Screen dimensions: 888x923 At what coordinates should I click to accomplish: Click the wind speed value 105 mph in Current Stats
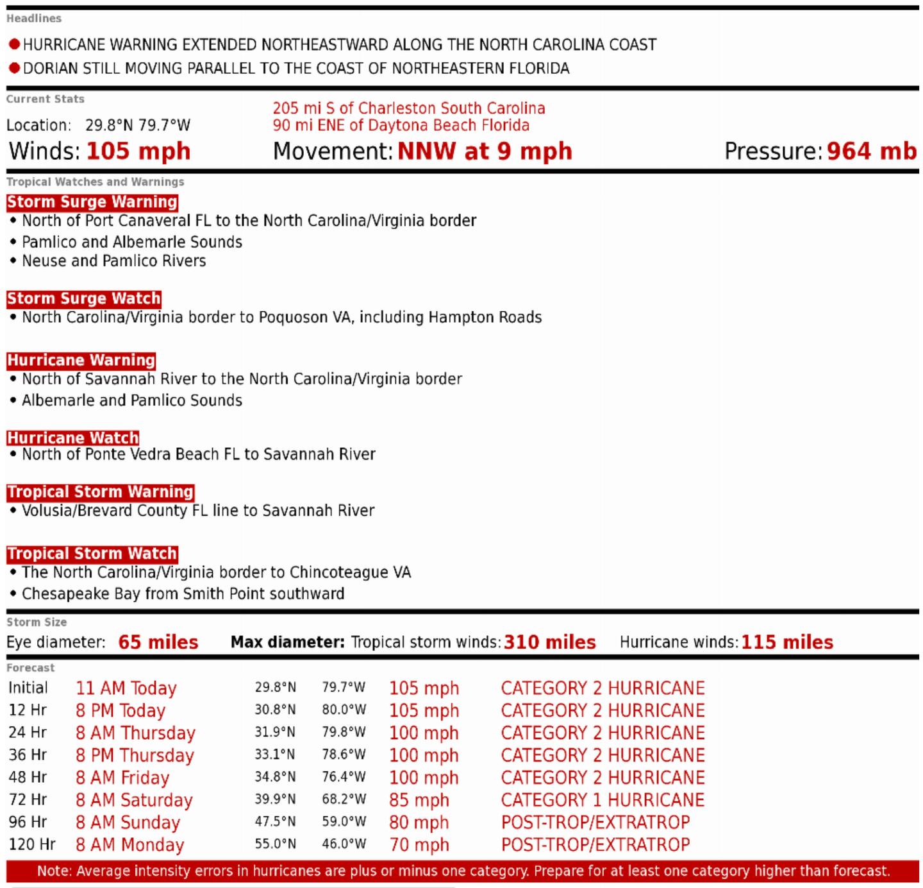point(138,151)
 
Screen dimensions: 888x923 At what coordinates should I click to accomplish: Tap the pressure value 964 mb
point(872,151)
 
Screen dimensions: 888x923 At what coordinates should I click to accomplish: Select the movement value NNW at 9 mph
point(485,151)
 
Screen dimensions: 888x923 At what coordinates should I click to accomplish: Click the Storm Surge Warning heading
point(92,202)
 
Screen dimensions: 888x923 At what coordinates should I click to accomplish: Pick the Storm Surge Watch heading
point(84,298)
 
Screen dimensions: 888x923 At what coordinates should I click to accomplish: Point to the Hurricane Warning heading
point(81,360)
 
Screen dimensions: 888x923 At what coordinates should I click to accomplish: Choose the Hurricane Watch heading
point(73,438)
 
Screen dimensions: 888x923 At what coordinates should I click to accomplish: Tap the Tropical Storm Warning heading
point(101,492)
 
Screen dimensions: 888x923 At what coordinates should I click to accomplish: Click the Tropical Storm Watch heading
point(92,554)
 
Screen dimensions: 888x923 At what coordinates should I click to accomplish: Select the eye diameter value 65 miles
point(158,642)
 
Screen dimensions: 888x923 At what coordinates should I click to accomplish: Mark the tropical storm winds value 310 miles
point(550,642)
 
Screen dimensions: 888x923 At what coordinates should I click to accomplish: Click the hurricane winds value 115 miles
point(787,642)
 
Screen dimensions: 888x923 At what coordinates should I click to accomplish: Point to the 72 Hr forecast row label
point(28,799)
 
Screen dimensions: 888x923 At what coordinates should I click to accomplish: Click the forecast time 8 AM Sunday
point(128,823)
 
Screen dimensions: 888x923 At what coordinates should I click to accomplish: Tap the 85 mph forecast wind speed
point(419,800)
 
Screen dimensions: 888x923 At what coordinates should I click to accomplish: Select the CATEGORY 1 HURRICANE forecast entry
point(603,800)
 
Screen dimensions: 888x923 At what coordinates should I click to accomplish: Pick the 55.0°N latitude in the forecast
point(276,844)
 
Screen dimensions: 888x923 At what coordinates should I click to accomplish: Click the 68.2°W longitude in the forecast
point(344,799)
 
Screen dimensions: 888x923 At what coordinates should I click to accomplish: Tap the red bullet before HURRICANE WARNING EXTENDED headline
point(14,44)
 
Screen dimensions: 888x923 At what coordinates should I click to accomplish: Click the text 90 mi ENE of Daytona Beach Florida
point(401,125)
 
